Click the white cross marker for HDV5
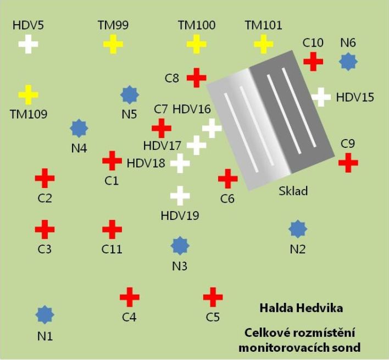[28, 44]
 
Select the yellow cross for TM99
[113, 44]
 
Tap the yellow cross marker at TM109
[28, 95]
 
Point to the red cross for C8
[196, 77]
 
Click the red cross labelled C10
[313, 60]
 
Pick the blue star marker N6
[347, 62]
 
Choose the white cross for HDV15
[321, 97]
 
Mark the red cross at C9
[348, 162]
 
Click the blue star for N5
[129, 95]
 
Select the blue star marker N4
[80, 128]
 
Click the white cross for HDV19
[180, 196]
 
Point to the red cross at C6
[227, 179]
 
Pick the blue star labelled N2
[297, 229]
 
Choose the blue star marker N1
[45, 314]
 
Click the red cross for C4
[130, 297]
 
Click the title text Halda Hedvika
[302, 308]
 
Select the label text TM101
[264, 25]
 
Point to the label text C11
[112, 249]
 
